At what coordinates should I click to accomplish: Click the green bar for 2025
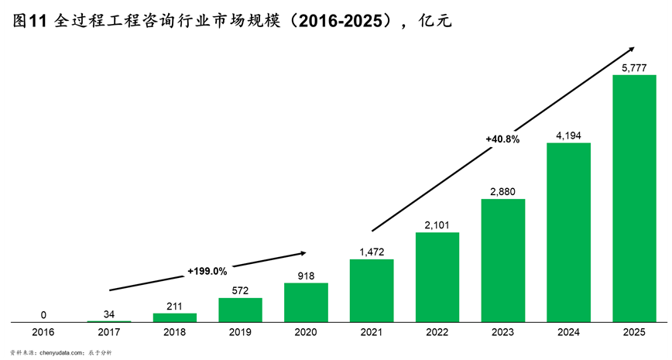pos(634,198)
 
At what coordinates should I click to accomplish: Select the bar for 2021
pos(372,290)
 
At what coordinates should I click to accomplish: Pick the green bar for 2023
pos(503,260)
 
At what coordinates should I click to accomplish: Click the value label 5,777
pos(634,69)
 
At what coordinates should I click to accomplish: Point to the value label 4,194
pos(569,136)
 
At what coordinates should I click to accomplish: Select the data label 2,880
pos(503,192)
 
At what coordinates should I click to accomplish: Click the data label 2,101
pos(437,225)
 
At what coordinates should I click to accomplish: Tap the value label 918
pos(306,276)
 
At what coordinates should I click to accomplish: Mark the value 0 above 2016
pos(43,315)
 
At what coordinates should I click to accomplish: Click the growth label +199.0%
pos(207,271)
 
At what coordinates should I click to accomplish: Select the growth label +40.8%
pos(502,139)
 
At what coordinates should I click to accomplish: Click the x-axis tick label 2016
pos(43,332)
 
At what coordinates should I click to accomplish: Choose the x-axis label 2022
pos(437,332)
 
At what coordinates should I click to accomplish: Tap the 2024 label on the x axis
pos(569,332)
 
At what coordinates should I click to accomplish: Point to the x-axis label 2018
pos(174,332)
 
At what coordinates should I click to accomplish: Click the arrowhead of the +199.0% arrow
pos(303,252)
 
